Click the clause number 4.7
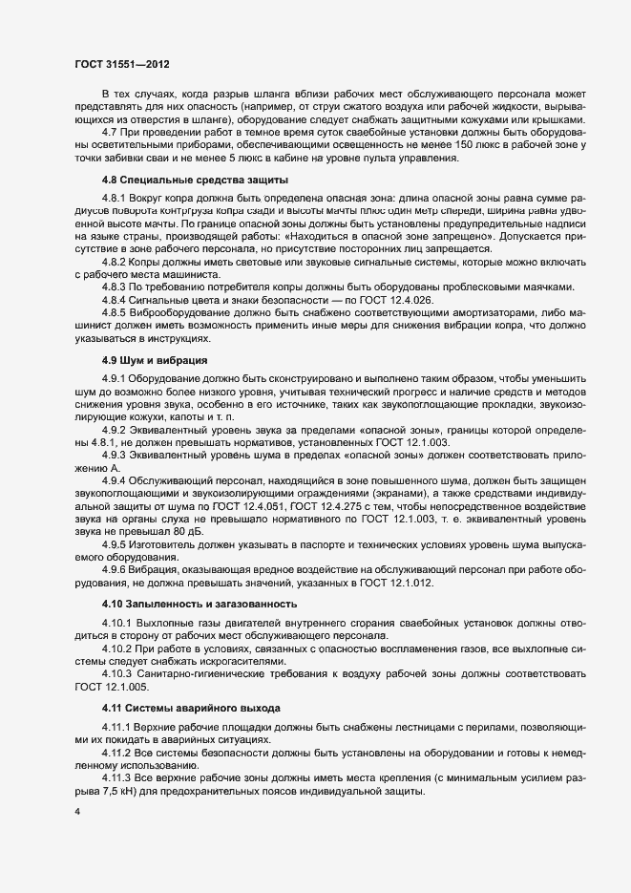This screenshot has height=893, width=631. [x=109, y=131]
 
